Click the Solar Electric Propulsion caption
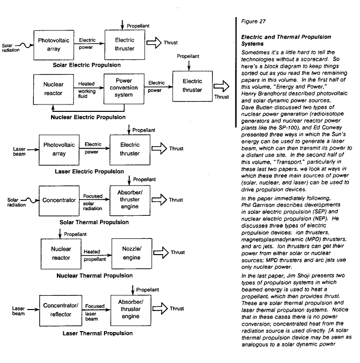pos(87,65)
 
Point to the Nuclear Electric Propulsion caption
pos(88,117)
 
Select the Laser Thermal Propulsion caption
pos(98,334)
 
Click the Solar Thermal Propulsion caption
pos(94,222)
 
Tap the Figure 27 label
pos(253,22)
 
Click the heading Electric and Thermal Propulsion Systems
pos(286,40)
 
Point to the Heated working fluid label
pos(87,90)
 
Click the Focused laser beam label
pos(95,312)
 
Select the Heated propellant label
pos(95,256)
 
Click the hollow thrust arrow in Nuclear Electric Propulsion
pos(221,86)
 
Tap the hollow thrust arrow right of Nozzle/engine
pos(161,253)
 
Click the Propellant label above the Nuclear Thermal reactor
pos(75,234)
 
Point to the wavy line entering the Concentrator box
pos(30,200)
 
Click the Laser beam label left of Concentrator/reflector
pos(18,311)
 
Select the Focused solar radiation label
pos(93,202)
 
